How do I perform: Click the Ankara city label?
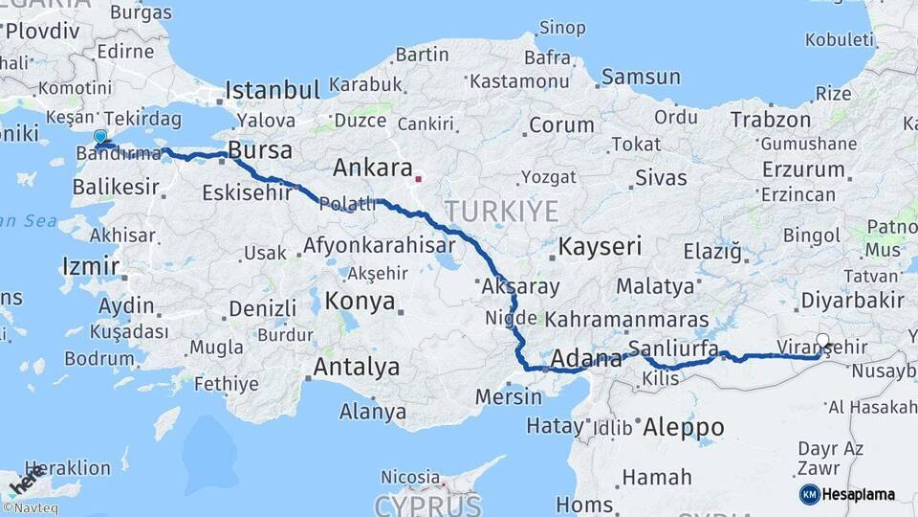[x=372, y=169]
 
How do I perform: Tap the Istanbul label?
[x=272, y=91]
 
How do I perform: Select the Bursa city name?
[x=261, y=152]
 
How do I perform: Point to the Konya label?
[x=360, y=302]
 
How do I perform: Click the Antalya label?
[x=357, y=367]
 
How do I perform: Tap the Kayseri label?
[x=600, y=246]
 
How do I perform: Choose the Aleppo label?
[x=684, y=427]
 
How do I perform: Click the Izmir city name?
[x=90, y=266]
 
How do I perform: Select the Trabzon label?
[x=771, y=121]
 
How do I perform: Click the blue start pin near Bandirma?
[x=100, y=138]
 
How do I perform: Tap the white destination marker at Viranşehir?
[x=823, y=340]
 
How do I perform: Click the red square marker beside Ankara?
[x=418, y=178]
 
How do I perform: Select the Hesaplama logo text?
[x=859, y=495]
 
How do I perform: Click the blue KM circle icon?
[x=809, y=494]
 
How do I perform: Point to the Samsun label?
[x=641, y=78]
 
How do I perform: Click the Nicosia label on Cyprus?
[x=410, y=477]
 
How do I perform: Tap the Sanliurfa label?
[x=673, y=348]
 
